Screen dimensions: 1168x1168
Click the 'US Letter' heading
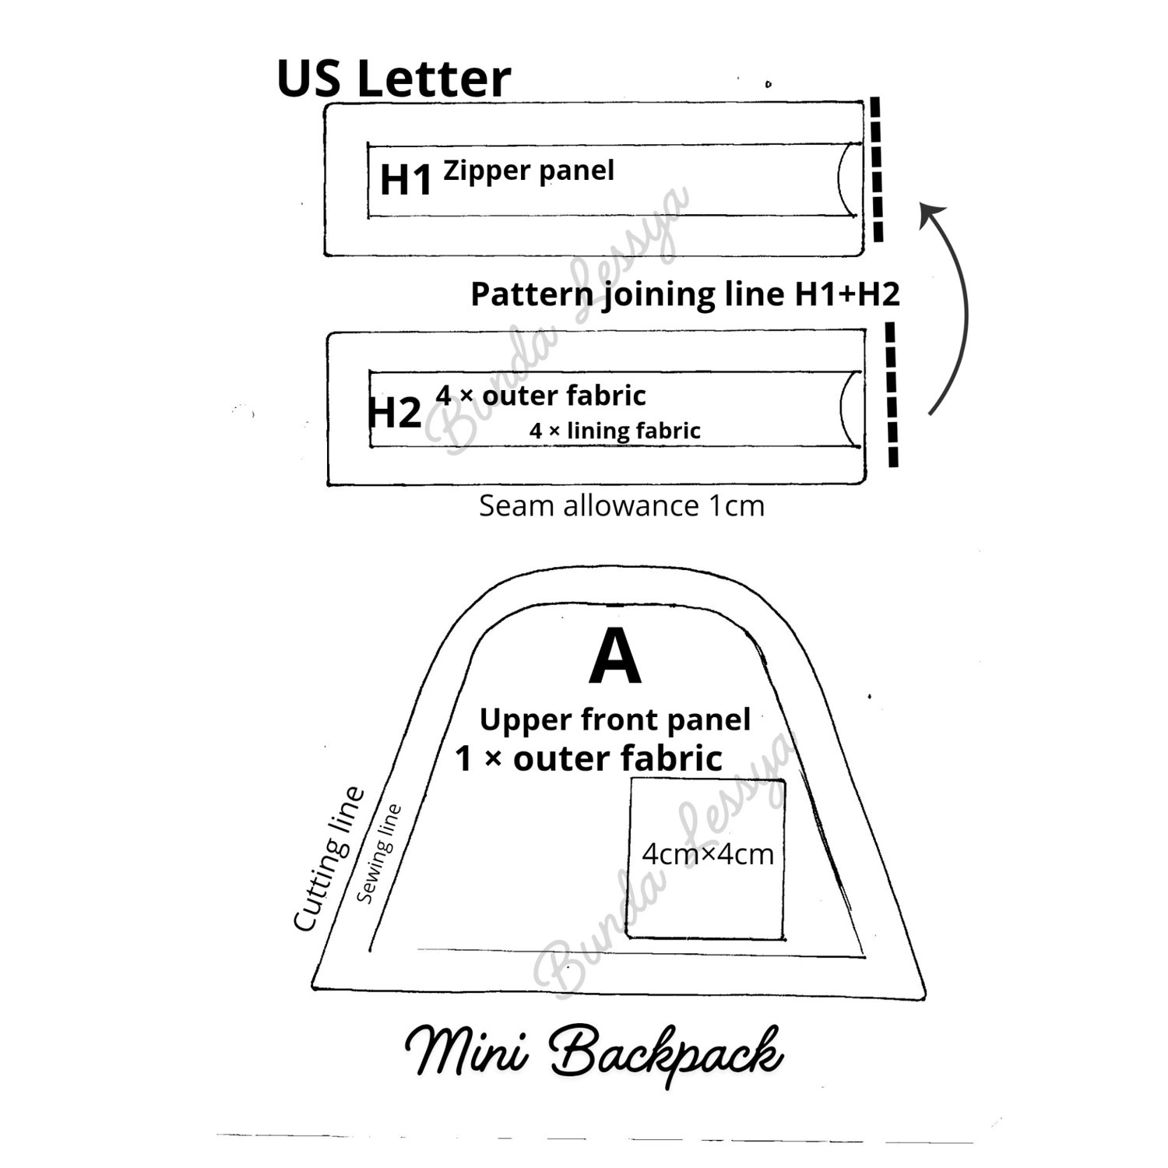[393, 79]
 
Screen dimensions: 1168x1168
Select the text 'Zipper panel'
[529, 171]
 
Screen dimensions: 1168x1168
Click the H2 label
[394, 412]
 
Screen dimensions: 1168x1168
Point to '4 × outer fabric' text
[540, 396]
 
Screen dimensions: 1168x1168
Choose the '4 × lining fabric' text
[615, 431]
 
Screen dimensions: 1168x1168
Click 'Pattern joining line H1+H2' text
[685, 295]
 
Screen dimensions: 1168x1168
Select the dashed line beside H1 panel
[877, 169]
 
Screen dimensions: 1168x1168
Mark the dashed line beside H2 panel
[892, 395]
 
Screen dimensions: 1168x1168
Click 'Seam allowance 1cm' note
[621, 506]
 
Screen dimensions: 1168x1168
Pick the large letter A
[615, 656]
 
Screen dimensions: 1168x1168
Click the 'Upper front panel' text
[615, 720]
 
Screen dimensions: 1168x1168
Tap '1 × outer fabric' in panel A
[589, 758]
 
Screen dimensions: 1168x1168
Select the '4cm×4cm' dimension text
[708, 854]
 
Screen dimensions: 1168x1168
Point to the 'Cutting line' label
[329, 859]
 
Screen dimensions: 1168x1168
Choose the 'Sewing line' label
[379, 853]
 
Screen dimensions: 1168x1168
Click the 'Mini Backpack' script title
[594, 1053]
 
